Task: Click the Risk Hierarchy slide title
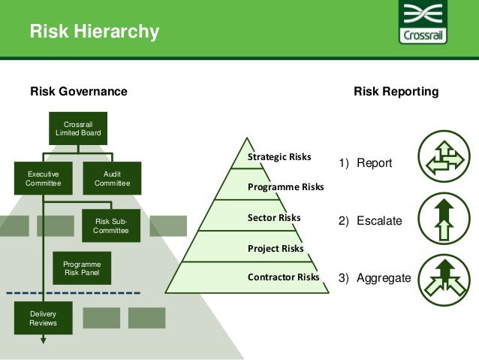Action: pyautogui.click(x=95, y=32)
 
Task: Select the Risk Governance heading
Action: pyautogui.click(x=78, y=92)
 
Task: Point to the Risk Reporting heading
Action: pyautogui.click(x=396, y=92)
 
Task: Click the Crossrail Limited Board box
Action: pyautogui.click(x=78, y=129)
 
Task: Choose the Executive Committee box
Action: pyautogui.click(x=43, y=178)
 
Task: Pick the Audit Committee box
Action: pyautogui.click(x=112, y=178)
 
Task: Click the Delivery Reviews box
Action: pyautogui.click(x=43, y=318)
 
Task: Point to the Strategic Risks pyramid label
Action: pyautogui.click(x=279, y=157)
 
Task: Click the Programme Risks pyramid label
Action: pyautogui.click(x=285, y=186)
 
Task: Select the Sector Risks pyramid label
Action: pyautogui.click(x=274, y=218)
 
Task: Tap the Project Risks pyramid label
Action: pyautogui.click(x=276, y=248)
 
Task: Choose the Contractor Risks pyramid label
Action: pyautogui.click(x=283, y=277)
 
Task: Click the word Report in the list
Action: pyautogui.click(x=374, y=163)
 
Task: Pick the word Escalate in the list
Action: pyautogui.click(x=379, y=222)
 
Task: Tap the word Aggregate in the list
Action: pyautogui.click(x=384, y=278)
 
